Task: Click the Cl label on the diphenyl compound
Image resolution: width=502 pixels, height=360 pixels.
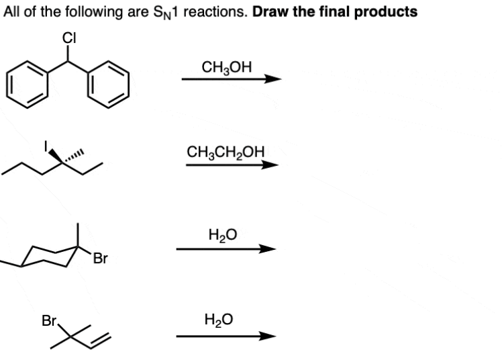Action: coord(68,38)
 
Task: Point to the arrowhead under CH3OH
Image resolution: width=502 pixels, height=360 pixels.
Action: coord(271,79)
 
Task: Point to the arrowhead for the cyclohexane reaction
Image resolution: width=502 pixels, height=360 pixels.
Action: coord(268,249)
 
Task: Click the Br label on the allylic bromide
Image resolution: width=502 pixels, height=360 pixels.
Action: coord(49,320)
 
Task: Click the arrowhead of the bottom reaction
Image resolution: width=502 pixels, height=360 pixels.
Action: coord(268,336)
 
